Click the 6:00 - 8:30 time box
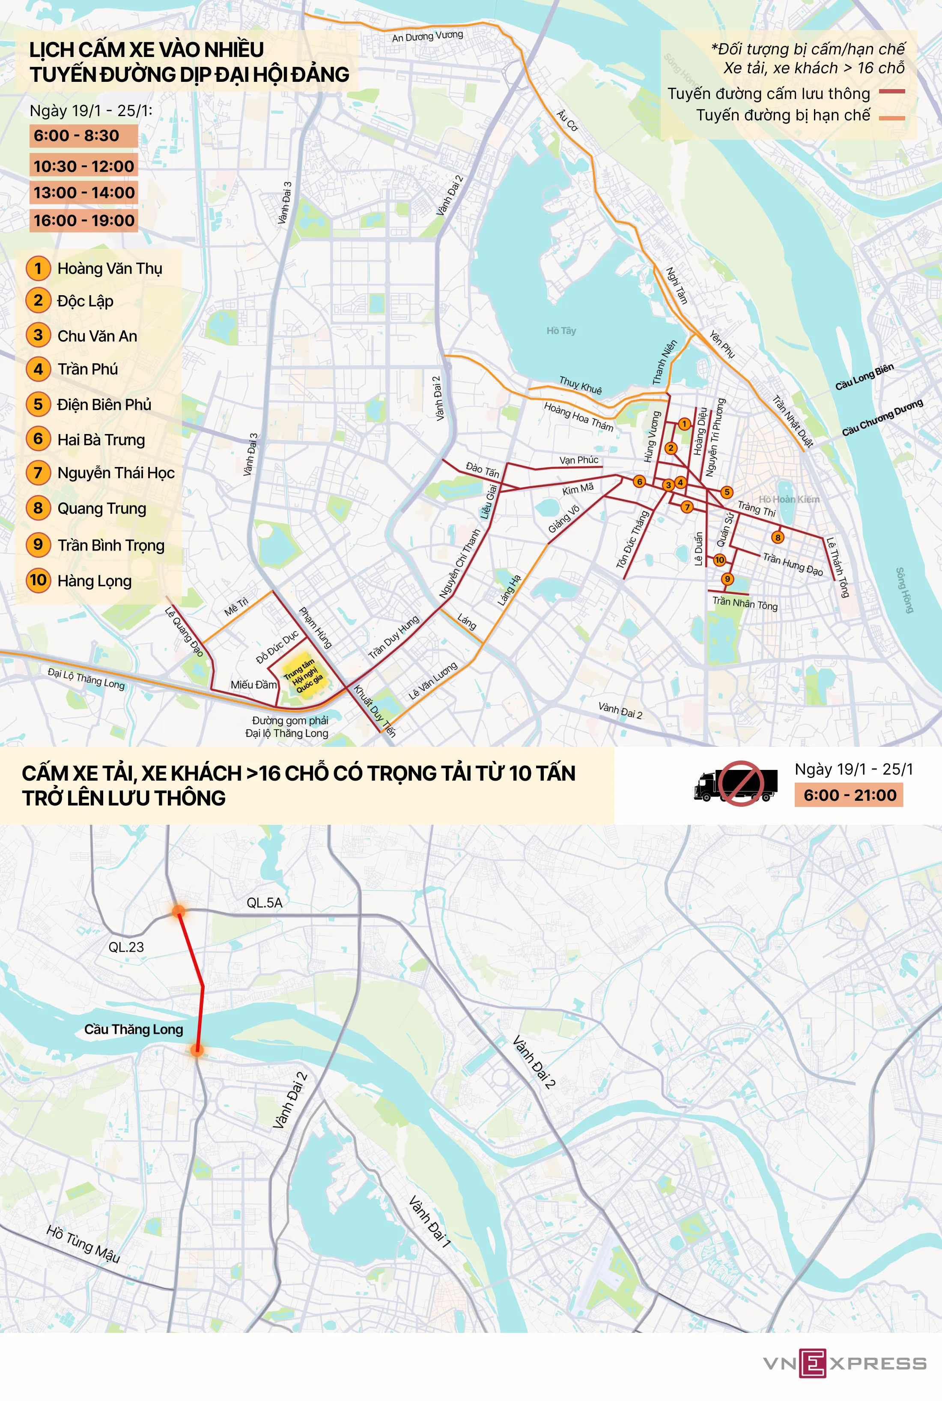83,135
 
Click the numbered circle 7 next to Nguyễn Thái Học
38,473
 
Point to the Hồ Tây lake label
560,331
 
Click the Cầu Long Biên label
864,376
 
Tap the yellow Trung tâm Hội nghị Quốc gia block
304,675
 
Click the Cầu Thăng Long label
133,1029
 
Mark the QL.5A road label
264,903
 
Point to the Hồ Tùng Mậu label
83,1244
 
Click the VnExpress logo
844,1363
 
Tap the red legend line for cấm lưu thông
891,92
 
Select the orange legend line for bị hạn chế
891,118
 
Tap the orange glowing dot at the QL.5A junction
179,911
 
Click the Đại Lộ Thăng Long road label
86,679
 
